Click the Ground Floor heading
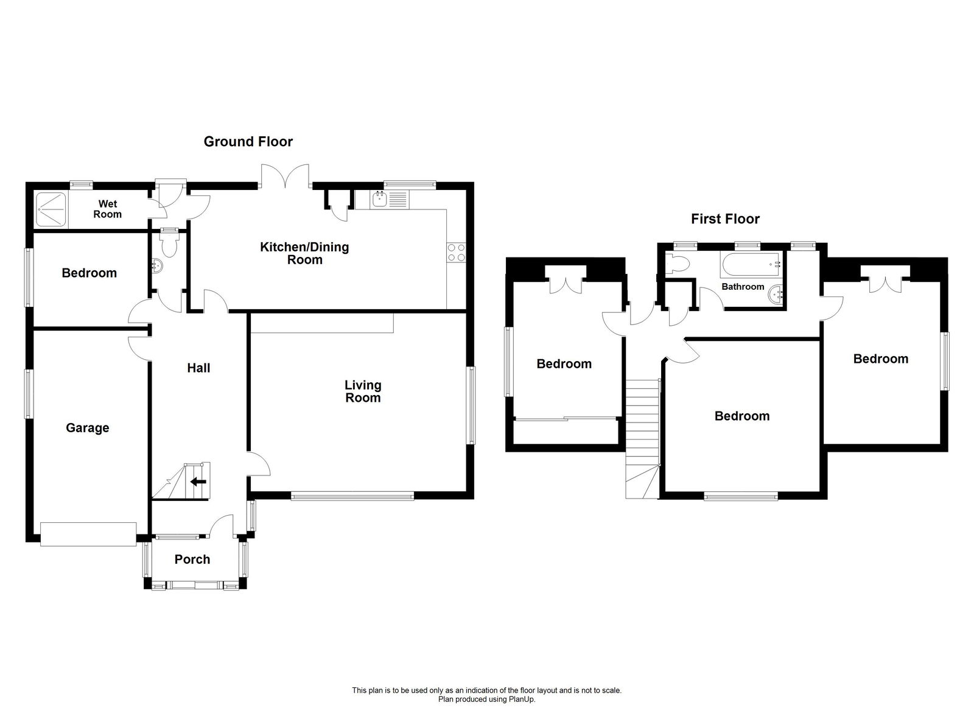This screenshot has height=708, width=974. [x=248, y=141]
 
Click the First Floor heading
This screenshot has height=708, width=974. [x=725, y=219]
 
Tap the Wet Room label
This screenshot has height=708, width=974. [x=107, y=209]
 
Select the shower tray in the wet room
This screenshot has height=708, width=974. [x=51, y=209]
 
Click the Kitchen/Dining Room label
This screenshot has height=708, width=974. [x=304, y=253]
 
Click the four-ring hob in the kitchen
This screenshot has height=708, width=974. [x=457, y=252]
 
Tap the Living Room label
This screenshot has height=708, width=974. [x=363, y=391]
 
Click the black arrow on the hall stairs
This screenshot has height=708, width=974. [x=198, y=482]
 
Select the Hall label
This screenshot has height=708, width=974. [x=198, y=368]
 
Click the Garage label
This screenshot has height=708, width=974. [x=88, y=428]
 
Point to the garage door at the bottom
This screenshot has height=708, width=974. [x=88, y=533]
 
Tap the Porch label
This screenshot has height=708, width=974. [x=192, y=559]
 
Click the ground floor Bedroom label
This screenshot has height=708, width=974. [x=89, y=273]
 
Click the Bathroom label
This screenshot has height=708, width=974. [x=743, y=286]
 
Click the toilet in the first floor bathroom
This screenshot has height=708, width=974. [x=677, y=263]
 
